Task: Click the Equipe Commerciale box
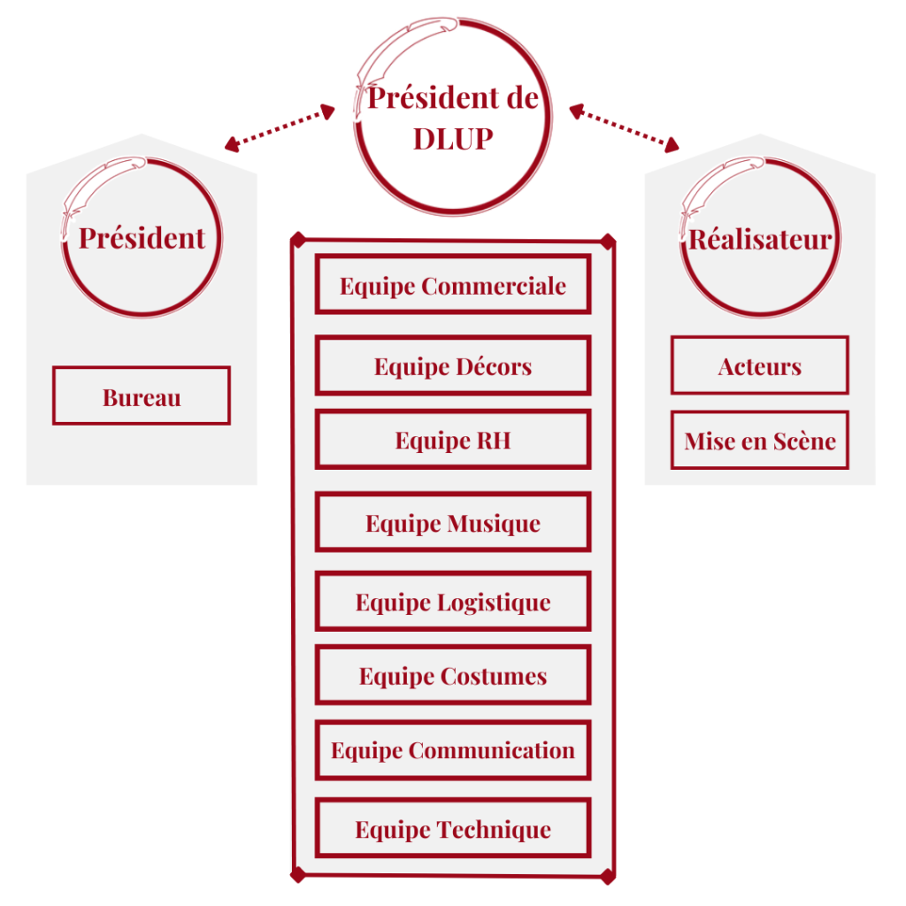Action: tap(452, 285)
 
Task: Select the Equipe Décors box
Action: tap(452, 365)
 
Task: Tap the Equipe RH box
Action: tap(452, 440)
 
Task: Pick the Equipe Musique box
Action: tap(452, 523)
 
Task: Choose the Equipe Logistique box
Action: tap(452, 602)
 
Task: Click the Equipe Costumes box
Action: tap(452, 676)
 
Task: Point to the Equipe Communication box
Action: tap(452, 750)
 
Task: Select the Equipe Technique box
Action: tap(452, 829)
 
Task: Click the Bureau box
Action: tap(142, 396)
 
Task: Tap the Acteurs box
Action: tap(759, 365)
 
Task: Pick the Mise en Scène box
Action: tap(759, 440)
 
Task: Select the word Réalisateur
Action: tap(760, 239)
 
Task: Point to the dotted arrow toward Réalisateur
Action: tap(625, 127)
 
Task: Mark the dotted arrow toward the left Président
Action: tap(280, 127)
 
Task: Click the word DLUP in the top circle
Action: tap(452, 139)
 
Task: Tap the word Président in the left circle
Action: tap(142, 237)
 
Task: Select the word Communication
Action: tap(492, 750)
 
